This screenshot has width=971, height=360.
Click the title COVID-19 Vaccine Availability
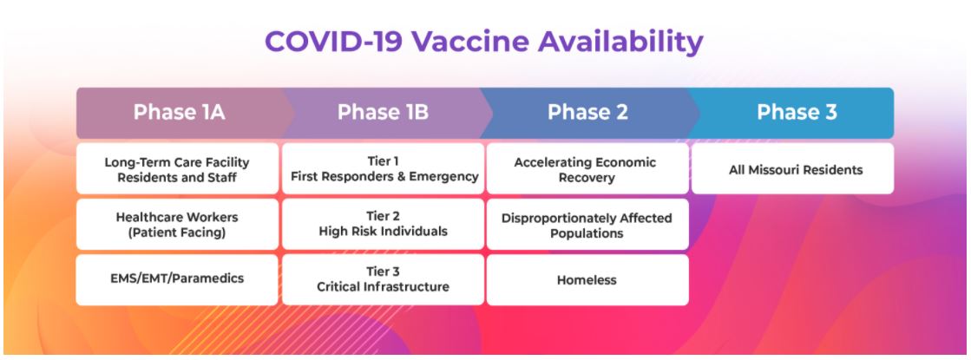coord(483,42)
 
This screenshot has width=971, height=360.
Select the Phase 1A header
coord(180,113)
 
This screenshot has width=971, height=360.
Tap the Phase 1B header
coord(383,113)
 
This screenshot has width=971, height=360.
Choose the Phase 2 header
coord(587,113)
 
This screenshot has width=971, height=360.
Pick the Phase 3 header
coord(797,113)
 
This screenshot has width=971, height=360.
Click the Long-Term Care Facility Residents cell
coord(177,169)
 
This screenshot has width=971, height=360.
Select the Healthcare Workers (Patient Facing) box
coord(177,225)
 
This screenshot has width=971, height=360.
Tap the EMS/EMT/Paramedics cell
coord(177,280)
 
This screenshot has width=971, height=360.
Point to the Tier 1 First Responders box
coord(384,169)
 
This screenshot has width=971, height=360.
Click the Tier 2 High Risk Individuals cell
coord(384,225)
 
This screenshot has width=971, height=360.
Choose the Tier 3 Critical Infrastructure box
coord(384,280)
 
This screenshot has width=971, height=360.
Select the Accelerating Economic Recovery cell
coord(587,169)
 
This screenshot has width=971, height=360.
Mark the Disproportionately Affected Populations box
coord(587,225)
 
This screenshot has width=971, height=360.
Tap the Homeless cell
coord(587,280)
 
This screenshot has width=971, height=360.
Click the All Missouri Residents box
coord(792,169)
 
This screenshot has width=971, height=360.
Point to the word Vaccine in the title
coord(470,42)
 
